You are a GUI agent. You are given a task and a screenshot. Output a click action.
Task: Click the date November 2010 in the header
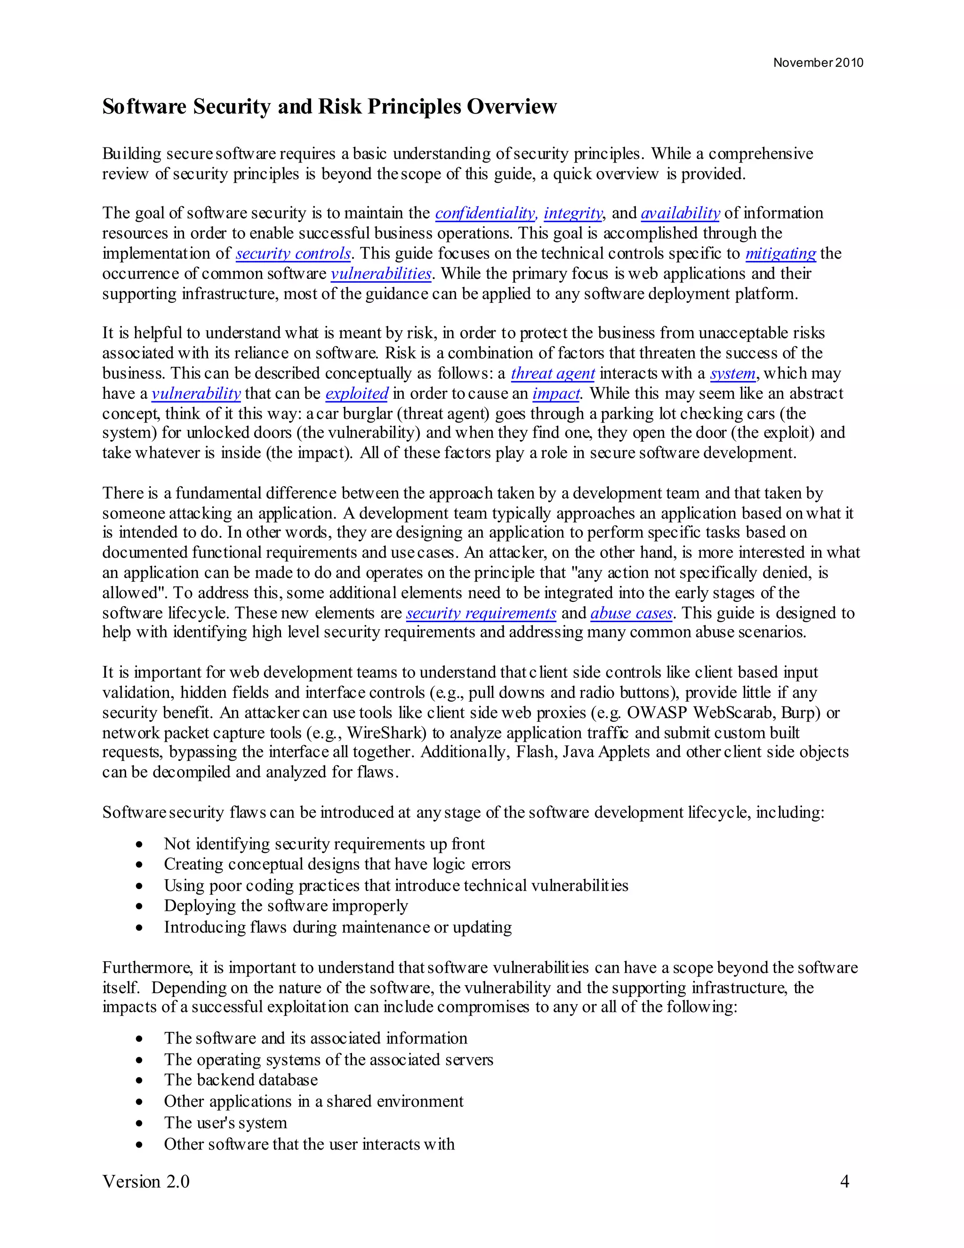tap(818, 63)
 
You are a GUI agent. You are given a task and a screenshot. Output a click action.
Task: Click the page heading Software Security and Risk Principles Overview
tap(329, 107)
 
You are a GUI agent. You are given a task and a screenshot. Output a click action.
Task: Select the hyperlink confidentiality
tap(485, 213)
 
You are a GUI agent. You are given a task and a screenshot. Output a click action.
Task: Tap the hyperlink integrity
tap(573, 213)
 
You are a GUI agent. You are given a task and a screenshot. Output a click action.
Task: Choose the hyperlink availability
tap(680, 213)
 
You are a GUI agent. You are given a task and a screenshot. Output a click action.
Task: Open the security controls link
tap(293, 253)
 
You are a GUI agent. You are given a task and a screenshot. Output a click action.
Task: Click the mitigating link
tap(781, 253)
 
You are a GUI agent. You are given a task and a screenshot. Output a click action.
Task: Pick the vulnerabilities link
tap(381, 274)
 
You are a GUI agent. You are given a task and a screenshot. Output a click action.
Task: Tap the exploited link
tap(357, 394)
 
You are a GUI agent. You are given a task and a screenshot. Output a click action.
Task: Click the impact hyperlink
tap(556, 394)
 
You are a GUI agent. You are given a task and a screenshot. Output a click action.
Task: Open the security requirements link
tap(481, 613)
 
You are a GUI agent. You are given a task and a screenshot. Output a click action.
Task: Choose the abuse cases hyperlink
tap(631, 613)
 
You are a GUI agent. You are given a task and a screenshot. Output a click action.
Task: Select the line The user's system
tap(225, 1123)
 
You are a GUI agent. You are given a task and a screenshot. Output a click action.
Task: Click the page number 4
tap(844, 1182)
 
